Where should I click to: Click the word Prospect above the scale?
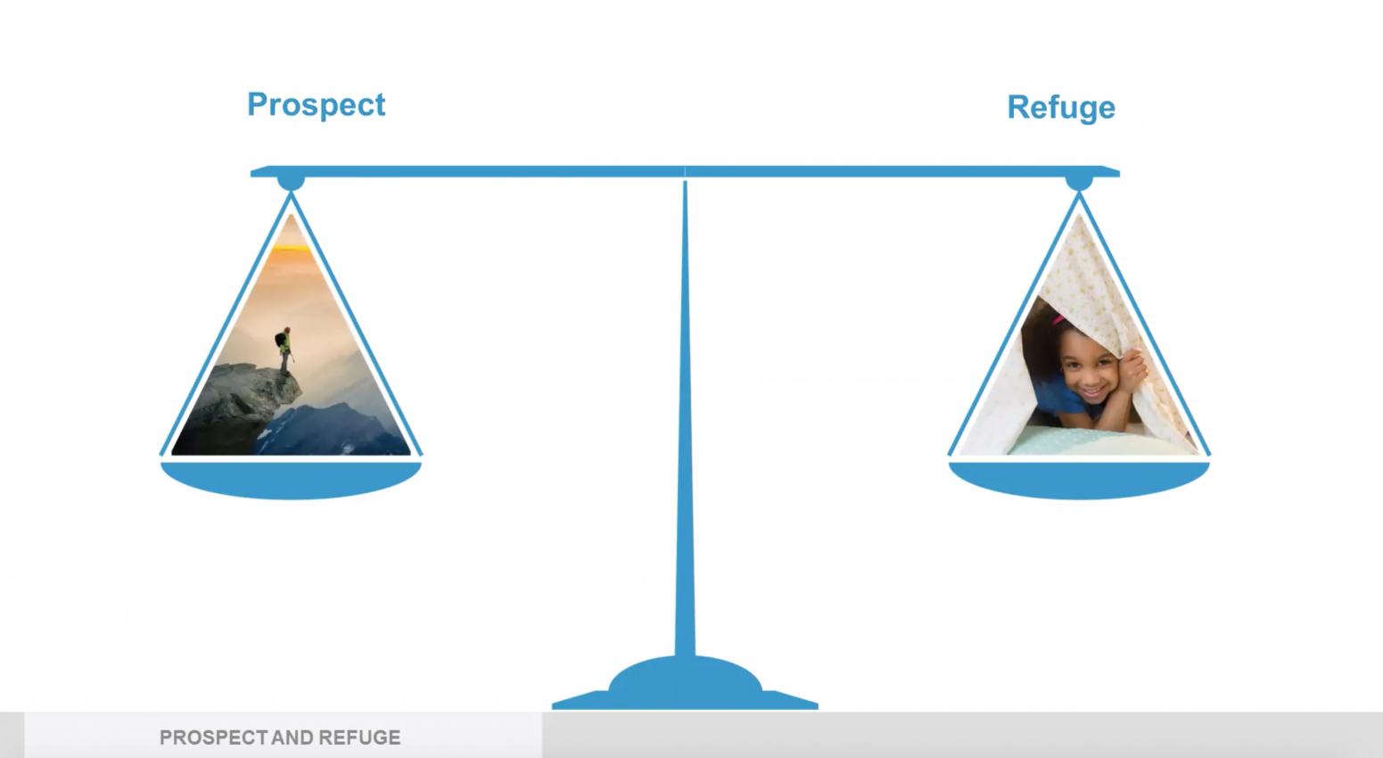(x=316, y=105)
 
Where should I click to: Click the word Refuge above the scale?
(x=1060, y=108)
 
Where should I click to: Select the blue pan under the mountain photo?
(x=291, y=480)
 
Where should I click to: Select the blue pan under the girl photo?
(x=1079, y=480)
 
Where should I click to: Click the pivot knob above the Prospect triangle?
(x=291, y=182)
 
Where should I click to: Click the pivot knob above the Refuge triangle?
(x=1079, y=182)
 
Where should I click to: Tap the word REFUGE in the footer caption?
(x=359, y=737)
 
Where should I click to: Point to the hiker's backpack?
(x=279, y=340)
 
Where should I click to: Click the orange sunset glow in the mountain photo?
(x=291, y=254)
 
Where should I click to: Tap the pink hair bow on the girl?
(x=1058, y=320)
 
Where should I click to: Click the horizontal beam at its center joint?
(x=685, y=171)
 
